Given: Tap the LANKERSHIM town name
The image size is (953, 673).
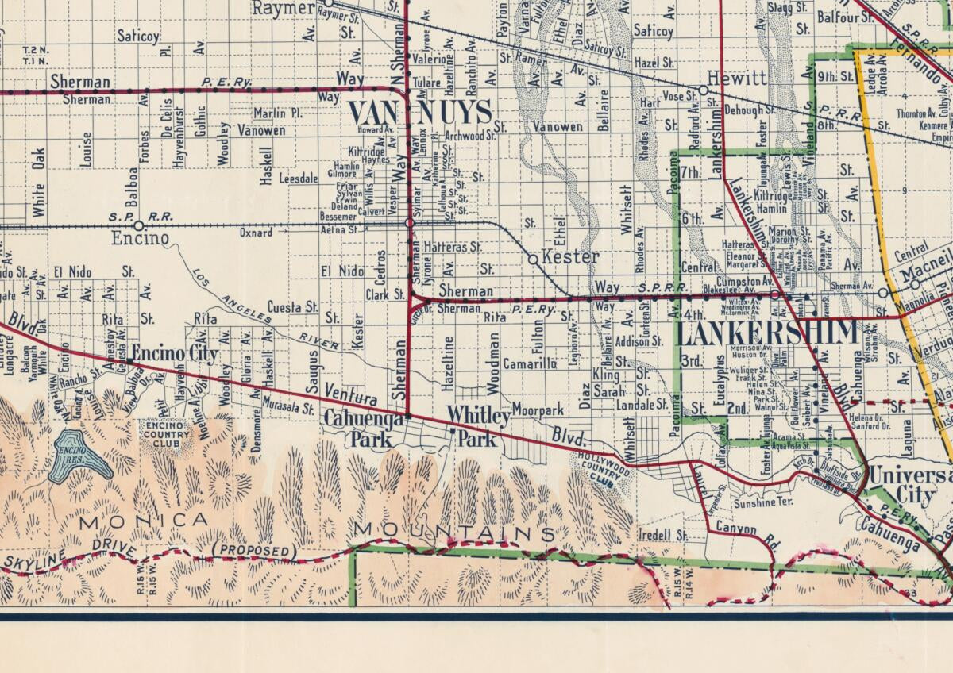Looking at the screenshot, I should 767,332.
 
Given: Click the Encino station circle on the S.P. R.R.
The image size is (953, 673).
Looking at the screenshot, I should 138,225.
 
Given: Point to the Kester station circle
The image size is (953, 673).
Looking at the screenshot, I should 533,259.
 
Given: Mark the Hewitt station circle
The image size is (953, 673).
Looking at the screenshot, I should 703,90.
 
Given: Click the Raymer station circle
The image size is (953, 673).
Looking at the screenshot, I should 328,3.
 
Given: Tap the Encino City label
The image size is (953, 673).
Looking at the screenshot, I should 175,353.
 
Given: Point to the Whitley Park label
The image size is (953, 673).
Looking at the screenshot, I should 476,426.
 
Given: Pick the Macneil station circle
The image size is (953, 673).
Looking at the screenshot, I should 915,283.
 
